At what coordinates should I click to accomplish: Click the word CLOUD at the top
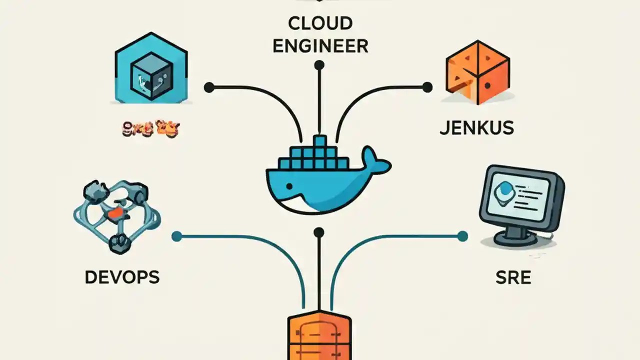320,23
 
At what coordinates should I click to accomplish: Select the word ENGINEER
320,46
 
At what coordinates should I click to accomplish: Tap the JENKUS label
476,128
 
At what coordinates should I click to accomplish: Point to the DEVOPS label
122,277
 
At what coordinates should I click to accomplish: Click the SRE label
513,277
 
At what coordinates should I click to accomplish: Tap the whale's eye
288,186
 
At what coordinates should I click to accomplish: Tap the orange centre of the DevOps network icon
115,213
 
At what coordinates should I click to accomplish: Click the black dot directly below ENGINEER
319,65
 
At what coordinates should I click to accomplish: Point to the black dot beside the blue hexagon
209,88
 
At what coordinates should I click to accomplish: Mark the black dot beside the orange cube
427,87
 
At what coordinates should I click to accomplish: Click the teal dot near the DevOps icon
176,236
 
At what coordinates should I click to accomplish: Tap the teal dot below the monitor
462,236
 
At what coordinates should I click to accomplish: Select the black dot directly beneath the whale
319,232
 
